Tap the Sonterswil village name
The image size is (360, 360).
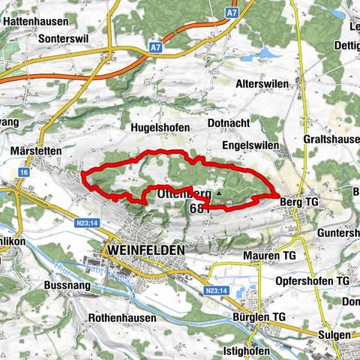(41, 36)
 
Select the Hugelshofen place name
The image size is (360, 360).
(160, 128)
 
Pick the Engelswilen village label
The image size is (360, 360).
(250, 145)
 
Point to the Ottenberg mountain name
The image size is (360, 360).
(181, 193)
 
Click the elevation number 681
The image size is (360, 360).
(200, 207)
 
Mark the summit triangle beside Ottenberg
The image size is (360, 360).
(219, 193)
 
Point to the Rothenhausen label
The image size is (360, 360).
(121, 317)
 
